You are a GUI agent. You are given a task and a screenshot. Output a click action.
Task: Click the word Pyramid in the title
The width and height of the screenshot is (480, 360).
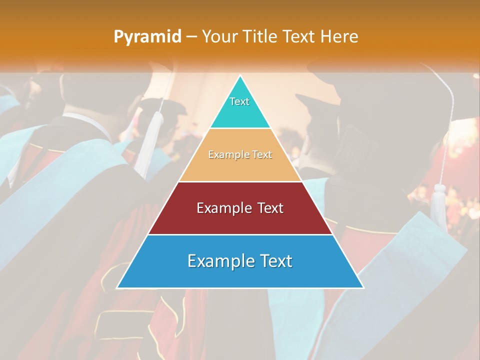pyautogui.click(x=147, y=37)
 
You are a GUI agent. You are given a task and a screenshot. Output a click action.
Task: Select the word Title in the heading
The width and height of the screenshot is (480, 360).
pyautogui.click(x=260, y=37)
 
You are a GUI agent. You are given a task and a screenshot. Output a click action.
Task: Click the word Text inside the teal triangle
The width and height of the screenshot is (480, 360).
pyautogui.click(x=239, y=101)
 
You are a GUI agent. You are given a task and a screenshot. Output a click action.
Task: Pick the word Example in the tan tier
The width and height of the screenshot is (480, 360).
pyautogui.click(x=223, y=155)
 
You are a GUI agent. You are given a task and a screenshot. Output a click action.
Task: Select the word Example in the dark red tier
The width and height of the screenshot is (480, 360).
pyautogui.click(x=223, y=208)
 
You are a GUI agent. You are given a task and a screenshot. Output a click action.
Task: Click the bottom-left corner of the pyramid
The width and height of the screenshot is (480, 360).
pyautogui.click(x=117, y=287)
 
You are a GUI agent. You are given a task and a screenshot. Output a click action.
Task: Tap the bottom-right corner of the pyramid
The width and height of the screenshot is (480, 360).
pyautogui.click(x=363, y=287)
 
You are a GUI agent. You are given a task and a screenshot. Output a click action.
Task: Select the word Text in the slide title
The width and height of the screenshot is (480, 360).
pyautogui.click(x=298, y=37)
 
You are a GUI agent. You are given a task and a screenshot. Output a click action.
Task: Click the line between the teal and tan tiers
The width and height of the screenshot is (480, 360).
pyautogui.click(x=240, y=128)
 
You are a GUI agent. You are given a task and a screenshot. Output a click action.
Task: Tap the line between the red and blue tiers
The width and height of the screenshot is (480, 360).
pyautogui.click(x=240, y=234)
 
